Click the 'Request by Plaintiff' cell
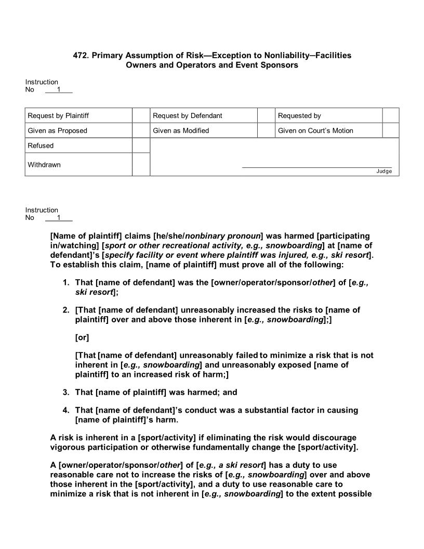coord(62,115)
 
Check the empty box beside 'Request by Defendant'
coord(266,115)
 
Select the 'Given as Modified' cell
coord(181,130)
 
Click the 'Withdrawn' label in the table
coord(44,165)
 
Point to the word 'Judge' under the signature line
coord(384,172)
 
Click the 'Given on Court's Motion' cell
coord(315,130)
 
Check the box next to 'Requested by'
coord(390,115)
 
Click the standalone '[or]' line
coord(82,337)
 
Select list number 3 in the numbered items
coord(66,393)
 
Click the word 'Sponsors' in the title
coord(281,65)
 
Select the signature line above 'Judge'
coord(317,167)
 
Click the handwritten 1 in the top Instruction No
coord(59,89)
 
